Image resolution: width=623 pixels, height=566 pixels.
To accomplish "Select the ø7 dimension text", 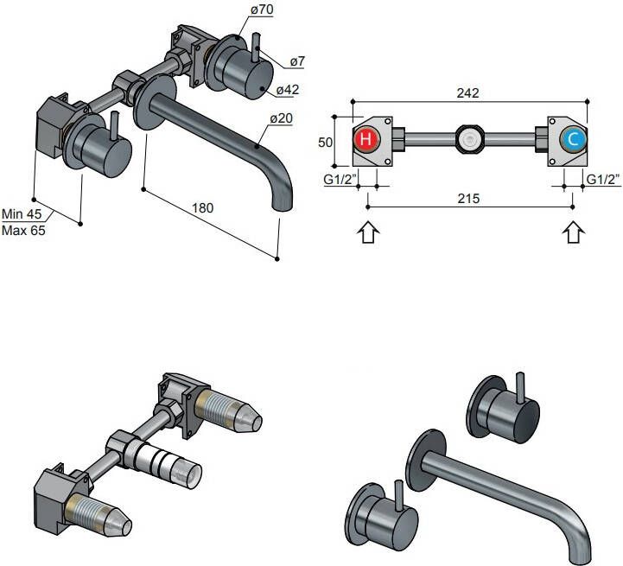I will [x=297, y=61].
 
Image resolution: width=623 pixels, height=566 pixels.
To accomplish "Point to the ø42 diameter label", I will [x=288, y=89].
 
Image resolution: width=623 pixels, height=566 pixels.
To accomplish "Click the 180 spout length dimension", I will [x=202, y=208].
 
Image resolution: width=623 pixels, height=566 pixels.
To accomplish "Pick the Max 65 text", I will [x=23, y=231].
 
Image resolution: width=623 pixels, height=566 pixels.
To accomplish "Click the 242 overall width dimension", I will [x=468, y=93].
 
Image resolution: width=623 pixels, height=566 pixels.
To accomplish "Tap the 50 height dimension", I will [x=325, y=141].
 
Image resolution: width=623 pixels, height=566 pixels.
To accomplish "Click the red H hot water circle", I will [x=366, y=139].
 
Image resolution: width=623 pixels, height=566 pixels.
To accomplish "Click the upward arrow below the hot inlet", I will [x=368, y=232].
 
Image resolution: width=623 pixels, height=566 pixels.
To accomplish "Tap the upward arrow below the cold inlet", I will [x=573, y=232].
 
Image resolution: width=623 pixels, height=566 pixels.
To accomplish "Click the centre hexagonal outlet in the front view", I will [x=468, y=139].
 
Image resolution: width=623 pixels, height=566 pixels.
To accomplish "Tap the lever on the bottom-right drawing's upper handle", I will [x=520, y=386].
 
